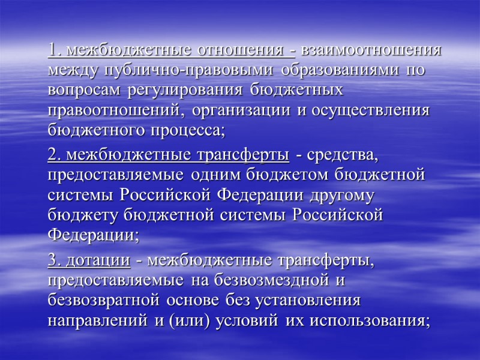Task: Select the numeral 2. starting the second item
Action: tap(55, 156)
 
